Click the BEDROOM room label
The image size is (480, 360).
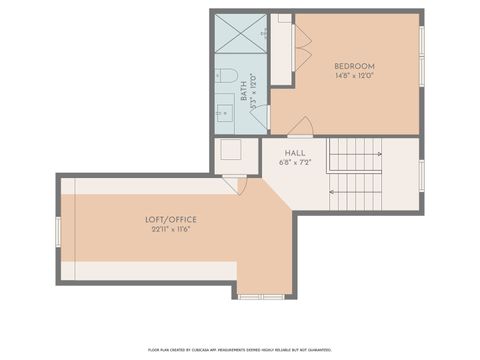pyautogui.click(x=354, y=66)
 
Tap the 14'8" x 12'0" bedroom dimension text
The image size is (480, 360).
pyautogui.click(x=354, y=76)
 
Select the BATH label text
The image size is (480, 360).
pyautogui.click(x=244, y=92)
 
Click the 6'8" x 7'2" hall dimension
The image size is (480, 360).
pyautogui.click(x=295, y=162)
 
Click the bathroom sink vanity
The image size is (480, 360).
pyautogui.click(x=225, y=113)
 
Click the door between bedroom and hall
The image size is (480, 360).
pyautogui.click(x=300, y=127)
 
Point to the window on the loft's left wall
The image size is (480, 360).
pyautogui.click(x=59, y=230)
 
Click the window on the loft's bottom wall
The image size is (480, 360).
pyautogui.click(x=261, y=296)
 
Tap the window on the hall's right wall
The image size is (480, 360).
pyautogui.click(x=421, y=174)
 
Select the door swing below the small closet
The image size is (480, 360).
pyautogui.click(x=235, y=185)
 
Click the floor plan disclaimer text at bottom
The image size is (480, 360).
pyautogui.click(x=241, y=349)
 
